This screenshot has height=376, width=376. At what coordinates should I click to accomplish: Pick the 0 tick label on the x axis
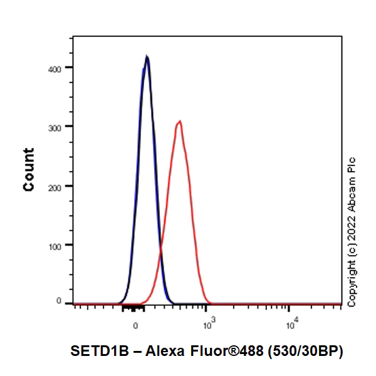click(135, 326)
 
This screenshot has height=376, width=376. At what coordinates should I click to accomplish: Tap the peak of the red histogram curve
click(180, 121)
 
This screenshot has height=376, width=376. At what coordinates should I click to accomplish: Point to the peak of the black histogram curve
click(147, 56)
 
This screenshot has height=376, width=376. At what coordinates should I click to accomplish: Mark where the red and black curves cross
click(161, 251)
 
